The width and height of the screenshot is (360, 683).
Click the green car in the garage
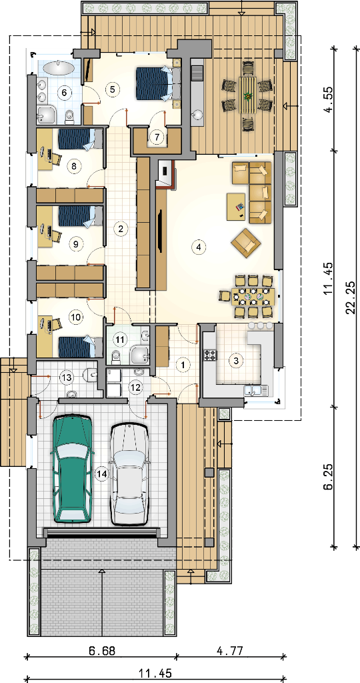point(72,469)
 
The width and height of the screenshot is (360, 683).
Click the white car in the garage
point(129,474)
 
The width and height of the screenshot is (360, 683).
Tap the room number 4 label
point(198,247)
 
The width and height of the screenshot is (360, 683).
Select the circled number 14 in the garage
point(102,474)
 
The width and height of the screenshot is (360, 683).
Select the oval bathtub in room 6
point(59,68)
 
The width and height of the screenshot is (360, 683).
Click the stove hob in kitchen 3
point(210,355)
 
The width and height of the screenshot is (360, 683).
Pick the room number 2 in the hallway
point(121,227)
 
